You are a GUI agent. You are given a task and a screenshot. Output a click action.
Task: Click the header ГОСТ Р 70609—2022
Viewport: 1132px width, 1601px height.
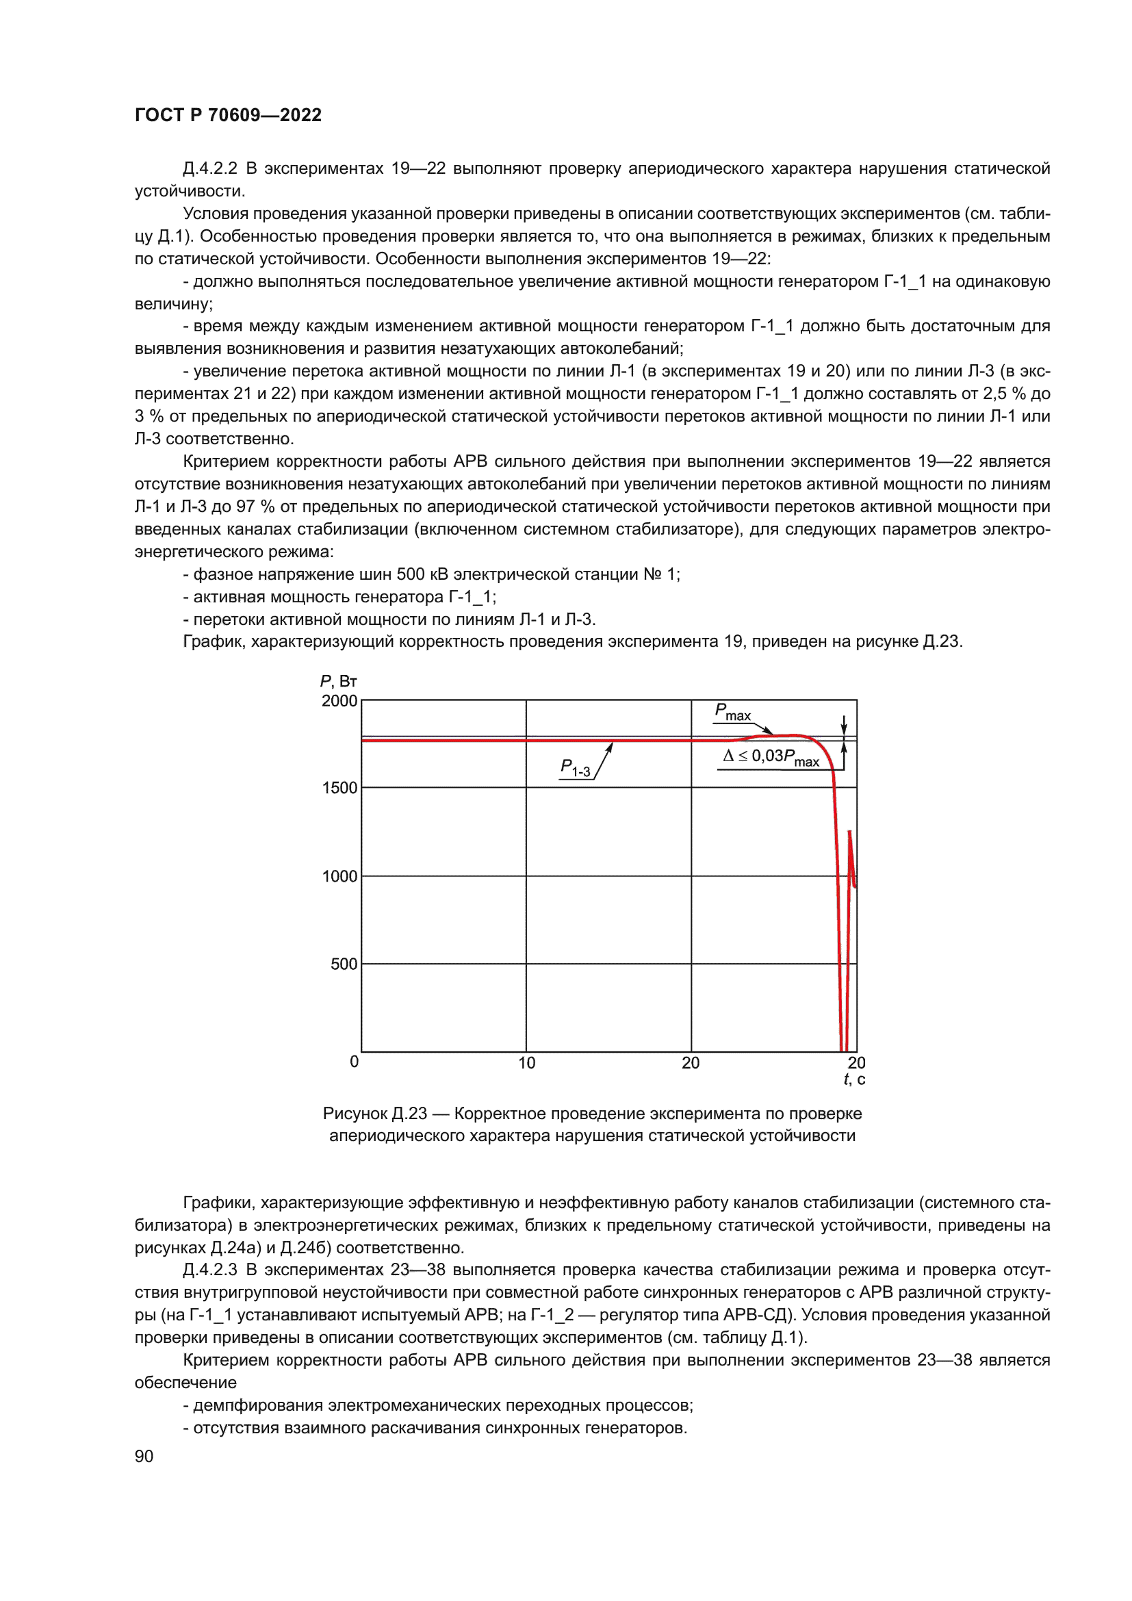click(x=228, y=115)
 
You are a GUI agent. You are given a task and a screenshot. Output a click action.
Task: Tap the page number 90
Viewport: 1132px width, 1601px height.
click(x=144, y=1456)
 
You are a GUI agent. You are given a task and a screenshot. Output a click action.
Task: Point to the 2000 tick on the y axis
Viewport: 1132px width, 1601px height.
click(x=339, y=701)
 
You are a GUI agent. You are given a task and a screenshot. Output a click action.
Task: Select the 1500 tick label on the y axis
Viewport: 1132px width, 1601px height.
click(x=339, y=788)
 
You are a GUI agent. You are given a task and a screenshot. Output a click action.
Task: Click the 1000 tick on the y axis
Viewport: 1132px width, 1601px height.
click(x=339, y=877)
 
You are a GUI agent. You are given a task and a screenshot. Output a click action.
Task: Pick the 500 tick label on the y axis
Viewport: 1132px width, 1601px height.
click(x=344, y=964)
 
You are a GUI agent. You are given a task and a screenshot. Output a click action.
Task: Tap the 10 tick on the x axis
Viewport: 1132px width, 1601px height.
click(x=527, y=1063)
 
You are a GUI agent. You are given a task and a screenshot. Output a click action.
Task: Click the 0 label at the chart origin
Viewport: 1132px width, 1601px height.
click(x=354, y=1062)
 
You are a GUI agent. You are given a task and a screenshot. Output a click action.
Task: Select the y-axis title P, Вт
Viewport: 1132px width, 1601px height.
click(x=338, y=681)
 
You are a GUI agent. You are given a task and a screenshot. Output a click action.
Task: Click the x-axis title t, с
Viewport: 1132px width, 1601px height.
click(x=855, y=1079)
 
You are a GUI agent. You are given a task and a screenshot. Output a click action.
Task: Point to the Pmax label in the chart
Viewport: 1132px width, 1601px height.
click(x=732, y=712)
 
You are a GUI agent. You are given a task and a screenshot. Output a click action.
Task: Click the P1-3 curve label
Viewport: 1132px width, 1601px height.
click(x=575, y=768)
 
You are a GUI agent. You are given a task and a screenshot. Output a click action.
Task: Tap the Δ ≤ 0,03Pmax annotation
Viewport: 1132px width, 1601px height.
click(x=771, y=757)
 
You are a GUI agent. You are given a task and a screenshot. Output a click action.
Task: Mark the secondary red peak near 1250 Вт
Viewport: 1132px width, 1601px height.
click(x=849, y=832)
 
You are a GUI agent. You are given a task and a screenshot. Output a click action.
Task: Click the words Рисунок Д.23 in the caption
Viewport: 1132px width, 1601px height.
click(x=374, y=1114)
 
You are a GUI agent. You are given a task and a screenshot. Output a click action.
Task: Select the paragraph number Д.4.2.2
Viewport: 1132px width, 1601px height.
click(x=210, y=169)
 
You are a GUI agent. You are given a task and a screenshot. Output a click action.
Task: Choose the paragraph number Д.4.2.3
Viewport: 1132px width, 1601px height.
click(x=210, y=1270)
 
